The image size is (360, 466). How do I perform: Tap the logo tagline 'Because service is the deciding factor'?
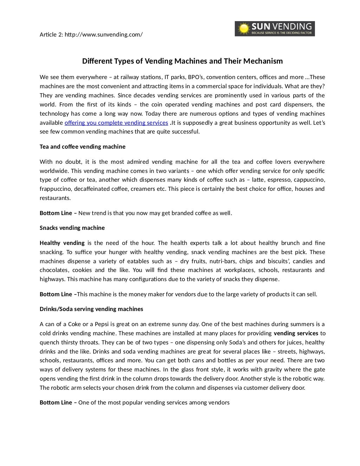[x=281, y=33]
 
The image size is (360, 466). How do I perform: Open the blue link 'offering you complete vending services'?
[x=116, y=123]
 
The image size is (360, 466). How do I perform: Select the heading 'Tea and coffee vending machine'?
[x=82, y=147]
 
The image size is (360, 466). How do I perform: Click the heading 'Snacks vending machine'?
[x=72, y=228]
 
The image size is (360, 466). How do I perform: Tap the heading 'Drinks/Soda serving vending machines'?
[x=91, y=309]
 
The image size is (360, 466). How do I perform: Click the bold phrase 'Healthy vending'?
[x=62, y=243]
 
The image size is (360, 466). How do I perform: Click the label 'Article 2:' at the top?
[x=51, y=35]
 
